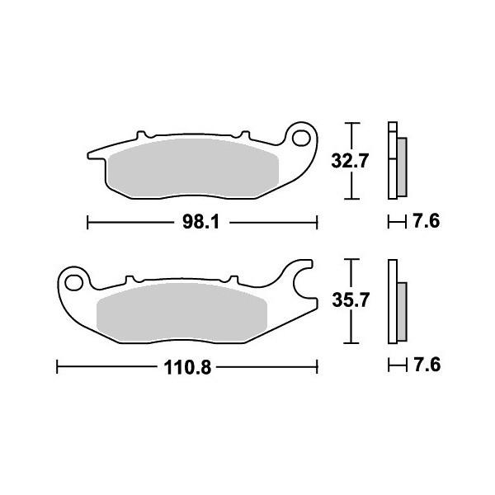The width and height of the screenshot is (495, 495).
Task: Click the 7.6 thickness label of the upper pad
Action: pyautogui.click(x=427, y=221)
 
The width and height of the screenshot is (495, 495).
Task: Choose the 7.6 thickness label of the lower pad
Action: pyautogui.click(x=427, y=365)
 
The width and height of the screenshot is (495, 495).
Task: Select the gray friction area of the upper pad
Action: pyautogui.click(x=194, y=169)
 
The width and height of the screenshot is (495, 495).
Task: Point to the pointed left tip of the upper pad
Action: pyautogui.click(x=89, y=154)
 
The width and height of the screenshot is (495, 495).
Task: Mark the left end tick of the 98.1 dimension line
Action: pyautogui.click(x=88, y=221)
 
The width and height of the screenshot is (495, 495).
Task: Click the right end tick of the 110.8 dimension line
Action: pyautogui.click(x=318, y=365)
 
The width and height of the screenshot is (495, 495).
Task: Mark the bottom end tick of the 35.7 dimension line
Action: pyautogui.click(x=353, y=343)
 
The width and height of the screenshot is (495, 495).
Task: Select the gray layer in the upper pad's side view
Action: pyautogui.click(x=401, y=165)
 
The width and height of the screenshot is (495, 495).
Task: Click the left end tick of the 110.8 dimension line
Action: pyautogui.click(x=56, y=365)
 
